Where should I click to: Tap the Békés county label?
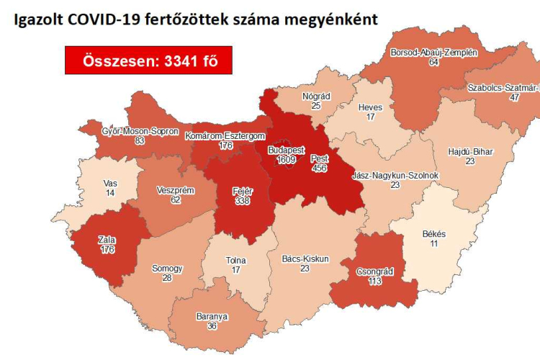tap(433, 235)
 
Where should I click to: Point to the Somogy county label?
tap(167, 269)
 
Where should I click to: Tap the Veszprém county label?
tap(173, 192)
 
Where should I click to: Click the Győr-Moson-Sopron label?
tap(140, 132)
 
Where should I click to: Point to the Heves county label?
tap(371, 108)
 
